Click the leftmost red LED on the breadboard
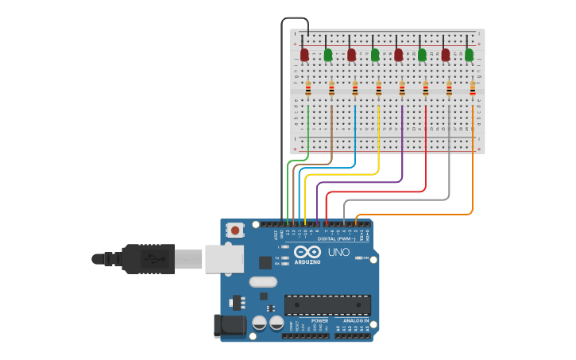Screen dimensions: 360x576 point(304,54)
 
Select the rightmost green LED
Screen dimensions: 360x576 point(469,54)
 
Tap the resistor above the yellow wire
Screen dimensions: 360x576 point(378,89)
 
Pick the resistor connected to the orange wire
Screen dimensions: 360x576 point(473,89)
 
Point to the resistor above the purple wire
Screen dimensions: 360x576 point(402,89)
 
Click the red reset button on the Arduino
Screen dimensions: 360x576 point(234,230)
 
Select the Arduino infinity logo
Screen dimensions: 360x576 point(307,253)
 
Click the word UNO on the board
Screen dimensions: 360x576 point(338,253)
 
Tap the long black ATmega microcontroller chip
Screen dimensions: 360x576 point(327,305)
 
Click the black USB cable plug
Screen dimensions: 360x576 point(148,258)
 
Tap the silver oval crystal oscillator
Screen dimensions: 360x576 point(262,281)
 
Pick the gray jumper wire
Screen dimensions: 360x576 point(449,159)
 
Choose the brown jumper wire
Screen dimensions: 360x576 point(331,135)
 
